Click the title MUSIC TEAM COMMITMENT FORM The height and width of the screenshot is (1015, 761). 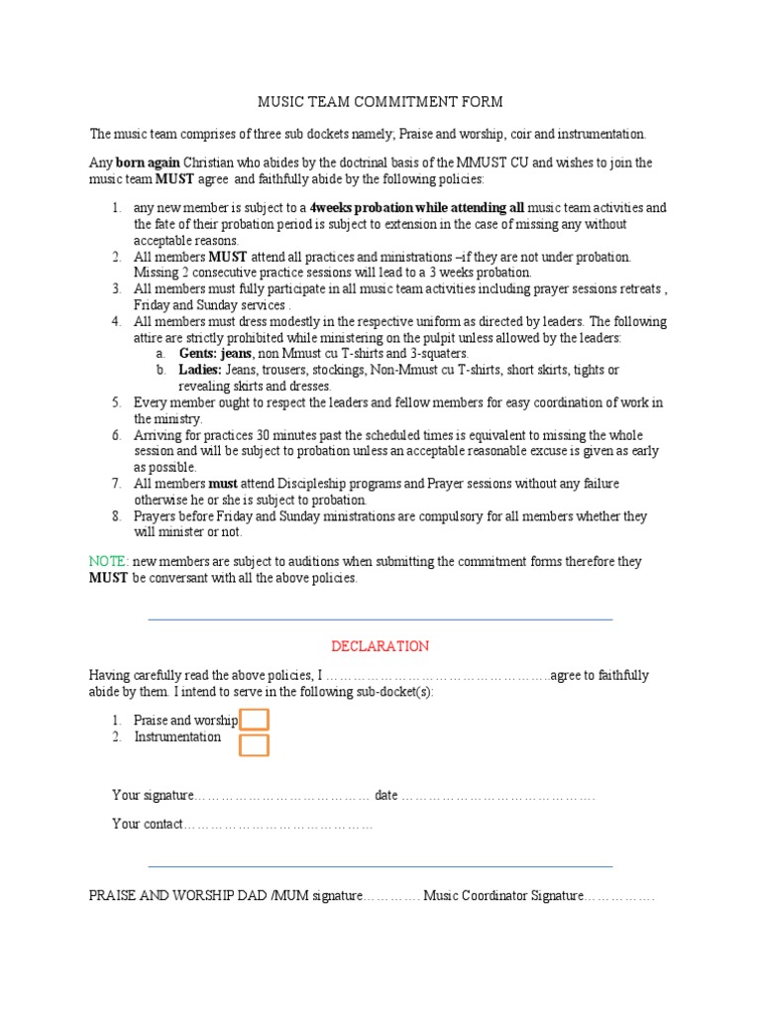pyautogui.click(x=380, y=102)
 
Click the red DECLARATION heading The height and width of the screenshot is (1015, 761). pyautogui.click(x=380, y=646)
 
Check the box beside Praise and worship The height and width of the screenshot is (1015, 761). pyautogui.click(x=255, y=720)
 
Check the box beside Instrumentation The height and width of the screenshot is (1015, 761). pyautogui.click(x=255, y=744)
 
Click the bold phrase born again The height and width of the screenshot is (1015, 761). pyautogui.click(x=148, y=163)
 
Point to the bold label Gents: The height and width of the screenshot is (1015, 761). pyautogui.click(x=198, y=354)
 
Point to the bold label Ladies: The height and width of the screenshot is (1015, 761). pyautogui.click(x=200, y=370)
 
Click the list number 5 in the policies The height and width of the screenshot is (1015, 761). pyautogui.click(x=116, y=402)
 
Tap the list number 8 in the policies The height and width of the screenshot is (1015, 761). pyautogui.click(x=116, y=516)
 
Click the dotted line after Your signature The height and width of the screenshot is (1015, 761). pyautogui.click(x=282, y=796)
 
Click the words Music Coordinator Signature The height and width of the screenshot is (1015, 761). pyautogui.click(x=503, y=896)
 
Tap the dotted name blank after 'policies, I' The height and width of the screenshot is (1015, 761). pyautogui.click(x=437, y=676)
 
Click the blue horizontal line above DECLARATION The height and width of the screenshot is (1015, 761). pyautogui.click(x=380, y=620)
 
